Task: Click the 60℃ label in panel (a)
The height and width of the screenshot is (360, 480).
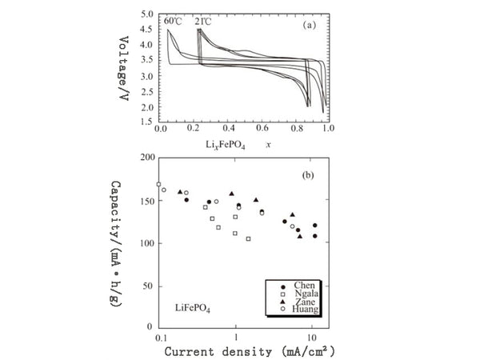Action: (x=174, y=21)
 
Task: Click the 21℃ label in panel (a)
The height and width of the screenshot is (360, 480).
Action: (x=204, y=21)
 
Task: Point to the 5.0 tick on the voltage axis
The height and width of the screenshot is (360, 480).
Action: (x=147, y=15)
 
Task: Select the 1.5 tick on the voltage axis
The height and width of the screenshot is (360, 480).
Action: (x=147, y=122)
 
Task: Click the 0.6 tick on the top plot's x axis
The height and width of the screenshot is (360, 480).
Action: (x=259, y=128)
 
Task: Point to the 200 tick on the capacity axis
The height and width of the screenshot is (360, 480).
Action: (x=145, y=158)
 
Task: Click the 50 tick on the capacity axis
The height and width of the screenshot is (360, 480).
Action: (x=147, y=286)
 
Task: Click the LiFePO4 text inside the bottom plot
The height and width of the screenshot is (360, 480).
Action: (x=193, y=307)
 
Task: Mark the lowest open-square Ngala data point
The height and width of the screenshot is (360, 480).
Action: (x=249, y=239)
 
